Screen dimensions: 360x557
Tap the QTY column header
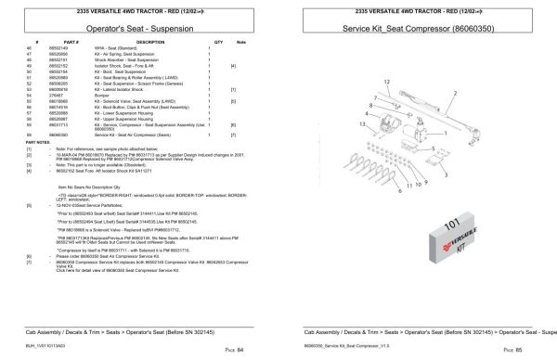point(219,43)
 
